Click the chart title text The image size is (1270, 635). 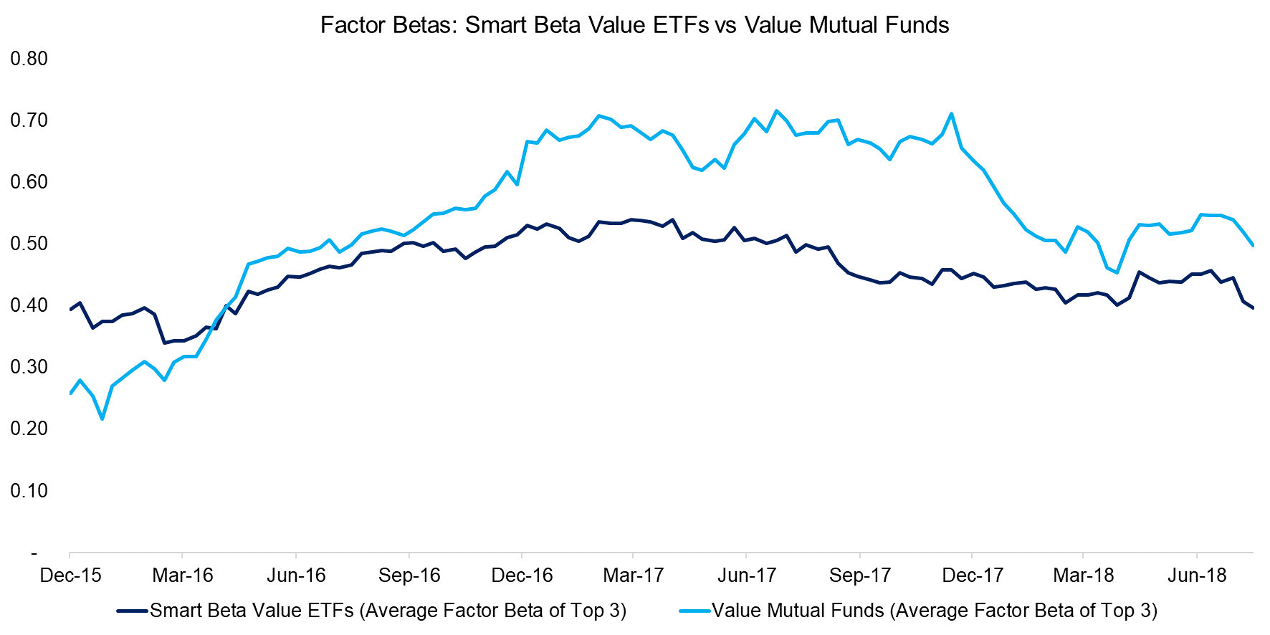coord(634,25)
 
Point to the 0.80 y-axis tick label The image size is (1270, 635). coord(29,59)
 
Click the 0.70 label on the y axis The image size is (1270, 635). coord(29,120)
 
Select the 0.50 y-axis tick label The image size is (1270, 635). coord(29,244)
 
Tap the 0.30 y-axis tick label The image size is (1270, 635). coord(29,367)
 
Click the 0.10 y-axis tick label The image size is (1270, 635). coord(29,491)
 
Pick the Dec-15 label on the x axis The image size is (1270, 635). coord(70,576)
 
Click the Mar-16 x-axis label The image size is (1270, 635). coord(183,576)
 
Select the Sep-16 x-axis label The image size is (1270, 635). coord(409,576)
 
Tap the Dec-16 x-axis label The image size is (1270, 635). coord(522,576)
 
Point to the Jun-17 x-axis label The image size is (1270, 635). coord(747,576)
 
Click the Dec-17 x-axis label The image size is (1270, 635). coord(973,576)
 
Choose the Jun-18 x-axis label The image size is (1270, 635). coord(1198,576)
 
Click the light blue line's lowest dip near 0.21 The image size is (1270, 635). coord(102,419)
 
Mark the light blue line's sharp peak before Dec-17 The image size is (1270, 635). coord(951,114)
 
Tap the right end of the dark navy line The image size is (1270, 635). coord(1253,308)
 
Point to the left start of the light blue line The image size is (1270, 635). coord(70,393)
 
